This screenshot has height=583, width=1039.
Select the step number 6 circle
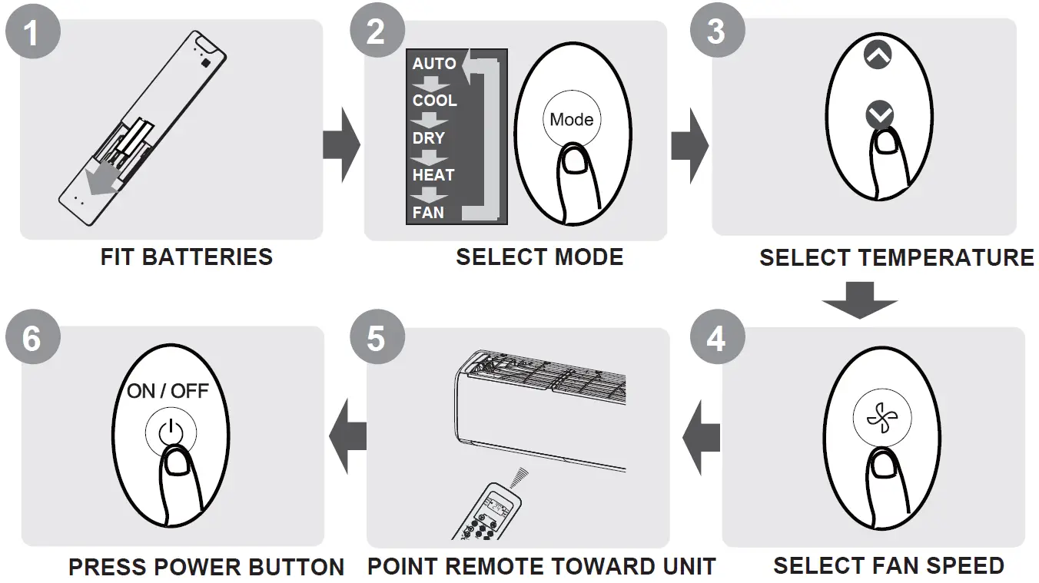(31, 337)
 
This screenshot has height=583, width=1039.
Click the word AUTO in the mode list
(434, 64)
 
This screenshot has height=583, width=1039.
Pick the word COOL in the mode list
(434, 101)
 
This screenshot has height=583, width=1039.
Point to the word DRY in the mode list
(428, 138)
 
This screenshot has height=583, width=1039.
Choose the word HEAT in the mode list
(433, 175)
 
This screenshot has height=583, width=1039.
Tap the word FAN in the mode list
(428, 212)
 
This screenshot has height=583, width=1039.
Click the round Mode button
(571, 120)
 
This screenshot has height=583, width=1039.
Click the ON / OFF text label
(168, 391)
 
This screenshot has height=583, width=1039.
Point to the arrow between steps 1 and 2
(341, 144)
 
